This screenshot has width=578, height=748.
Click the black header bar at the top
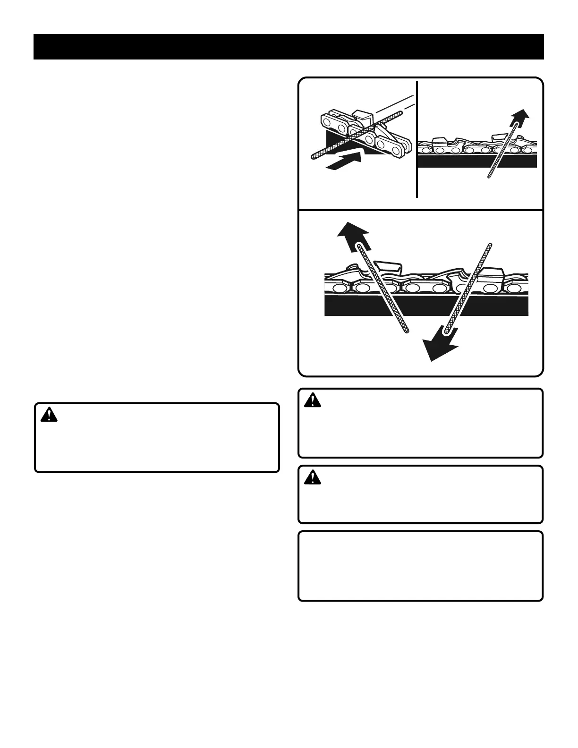click(x=289, y=47)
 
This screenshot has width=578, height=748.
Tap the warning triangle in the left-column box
click(x=49, y=415)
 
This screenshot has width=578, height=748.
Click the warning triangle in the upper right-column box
click(x=312, y=400)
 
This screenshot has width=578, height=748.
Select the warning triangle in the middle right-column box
click(x=312, y=478)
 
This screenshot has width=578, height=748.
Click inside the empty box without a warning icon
click(x=420, y=566)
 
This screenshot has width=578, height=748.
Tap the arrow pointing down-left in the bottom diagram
click(x=440, y=343)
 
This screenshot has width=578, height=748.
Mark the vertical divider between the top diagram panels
click(x=417, y=139)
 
